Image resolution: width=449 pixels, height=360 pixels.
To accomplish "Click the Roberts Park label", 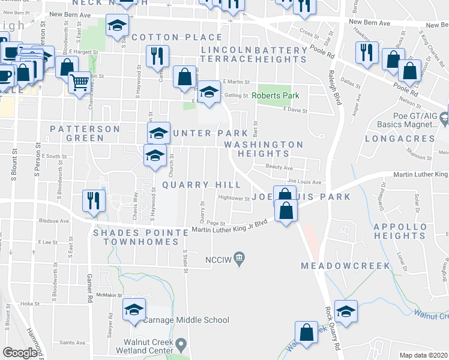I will [x=275, y=95].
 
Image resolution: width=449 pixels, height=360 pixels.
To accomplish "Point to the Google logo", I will [x=20, y=353].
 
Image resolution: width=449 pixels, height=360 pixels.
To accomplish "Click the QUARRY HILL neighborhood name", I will [x=190, y=185].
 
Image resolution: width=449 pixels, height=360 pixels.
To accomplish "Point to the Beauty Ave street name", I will [x=280, y=168].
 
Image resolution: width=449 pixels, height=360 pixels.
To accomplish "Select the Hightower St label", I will [x=234, y=199].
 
